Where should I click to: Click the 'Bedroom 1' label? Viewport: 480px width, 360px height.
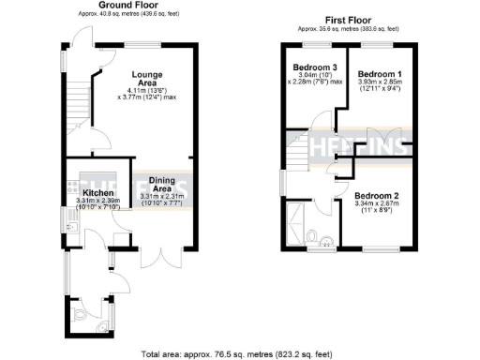(x=381, y=72)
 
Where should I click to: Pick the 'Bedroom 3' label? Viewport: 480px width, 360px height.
(x=315, y=67)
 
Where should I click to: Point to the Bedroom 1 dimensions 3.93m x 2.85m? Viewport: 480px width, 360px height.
(x=381, y=84)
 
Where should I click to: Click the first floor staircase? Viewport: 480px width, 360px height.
(x=299, y=149)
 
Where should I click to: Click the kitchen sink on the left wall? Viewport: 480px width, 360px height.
(x=71, y=220)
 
